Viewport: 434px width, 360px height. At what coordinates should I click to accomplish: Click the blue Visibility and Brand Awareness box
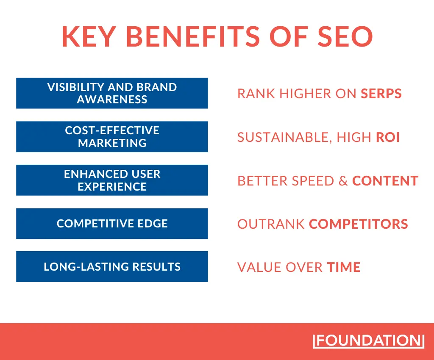coord(112,93)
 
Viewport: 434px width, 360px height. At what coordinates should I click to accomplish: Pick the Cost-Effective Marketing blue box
coord(112,136)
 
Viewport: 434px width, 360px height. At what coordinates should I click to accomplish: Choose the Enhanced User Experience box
coord(112,180)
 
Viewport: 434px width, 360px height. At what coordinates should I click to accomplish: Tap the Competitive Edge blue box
coord(112,223)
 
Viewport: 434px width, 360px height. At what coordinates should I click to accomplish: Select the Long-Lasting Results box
coord(112,266)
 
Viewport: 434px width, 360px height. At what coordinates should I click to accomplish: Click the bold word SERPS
coord(381,94)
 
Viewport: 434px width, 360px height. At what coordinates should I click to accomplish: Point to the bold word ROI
coord(388,137)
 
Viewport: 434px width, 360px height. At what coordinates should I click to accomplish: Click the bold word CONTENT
coord(385,181)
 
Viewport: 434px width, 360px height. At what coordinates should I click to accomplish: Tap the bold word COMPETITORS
coord(359,224)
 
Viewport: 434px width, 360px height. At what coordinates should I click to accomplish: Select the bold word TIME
coord(343,267)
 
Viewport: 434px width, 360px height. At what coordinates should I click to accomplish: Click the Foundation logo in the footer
coord(368,341)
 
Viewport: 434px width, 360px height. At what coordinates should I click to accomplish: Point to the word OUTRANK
coord(271,224)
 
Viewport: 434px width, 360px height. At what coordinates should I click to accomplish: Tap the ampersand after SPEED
coord(343,181)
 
